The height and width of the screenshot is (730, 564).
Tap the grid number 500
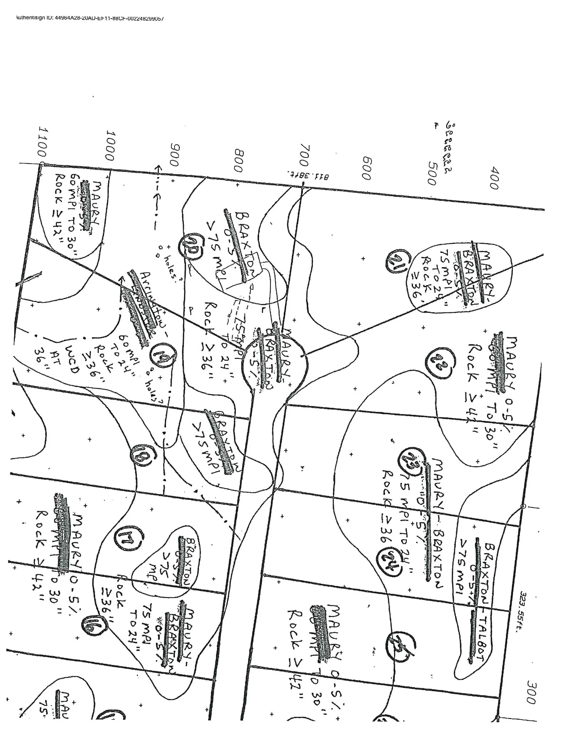pos(432,174)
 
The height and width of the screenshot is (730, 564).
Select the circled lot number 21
pos(395,262)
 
